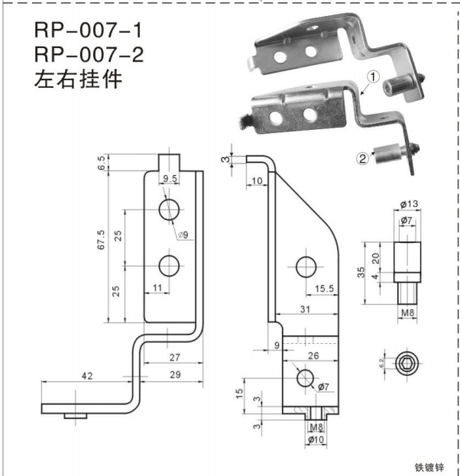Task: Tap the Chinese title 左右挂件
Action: (x=77, y=80)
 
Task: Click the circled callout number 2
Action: (x=363, y=159)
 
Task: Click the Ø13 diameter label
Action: (x=407, y=205)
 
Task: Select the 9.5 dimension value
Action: (x=169, y=180)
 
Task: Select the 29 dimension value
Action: (x=174, y=375)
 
